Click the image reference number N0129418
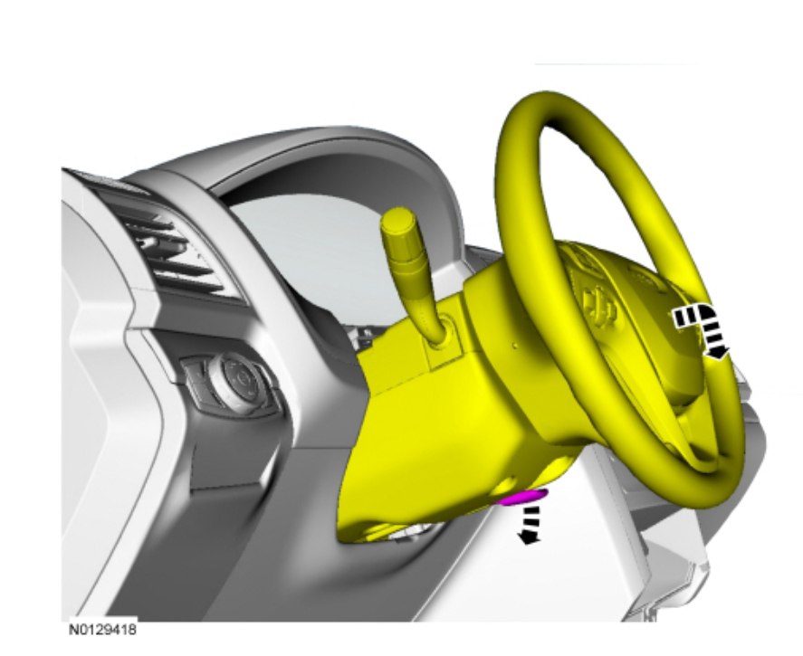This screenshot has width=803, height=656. [x=103, y=629]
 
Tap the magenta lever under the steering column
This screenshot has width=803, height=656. [x=524, y=497]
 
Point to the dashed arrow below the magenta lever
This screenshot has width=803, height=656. [x=529, y=525]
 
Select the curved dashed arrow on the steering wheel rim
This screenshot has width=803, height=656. [x=701, y=329]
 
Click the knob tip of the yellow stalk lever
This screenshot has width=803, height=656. [x=398, y=222]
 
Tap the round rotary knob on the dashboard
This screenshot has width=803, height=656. [x=236, y=381]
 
